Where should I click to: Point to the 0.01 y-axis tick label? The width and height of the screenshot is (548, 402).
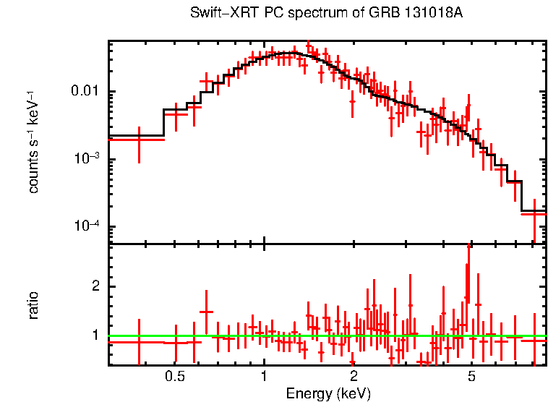(x=85, y=92)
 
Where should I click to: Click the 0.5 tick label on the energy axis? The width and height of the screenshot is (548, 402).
(x=174, y=376)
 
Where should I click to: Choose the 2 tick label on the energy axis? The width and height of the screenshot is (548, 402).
(x=354, y=376)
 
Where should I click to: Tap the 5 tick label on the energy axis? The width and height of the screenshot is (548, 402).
(x=471, y=376)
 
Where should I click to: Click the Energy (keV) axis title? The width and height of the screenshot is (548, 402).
(x=328, y=393)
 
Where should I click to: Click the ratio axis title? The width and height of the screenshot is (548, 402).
(x=33, y=304)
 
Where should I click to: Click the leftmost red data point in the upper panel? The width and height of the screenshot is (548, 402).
(x=139, y=139)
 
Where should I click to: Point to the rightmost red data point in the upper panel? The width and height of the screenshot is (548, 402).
(x=534, y=213)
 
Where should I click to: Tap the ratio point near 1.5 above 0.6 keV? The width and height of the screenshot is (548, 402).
(x=207, y=312)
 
